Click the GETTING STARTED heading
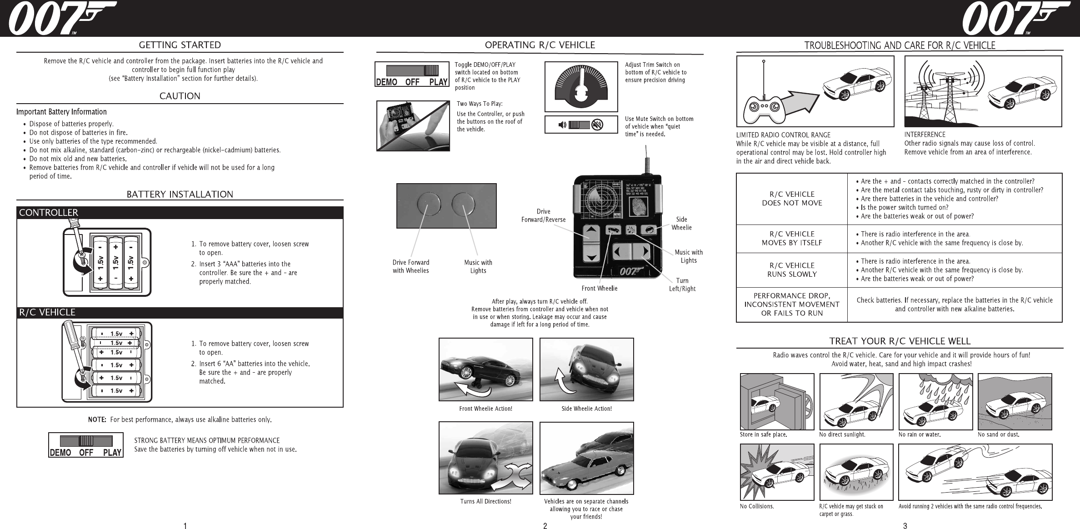click(180, 45)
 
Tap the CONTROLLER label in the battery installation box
click(49, 213)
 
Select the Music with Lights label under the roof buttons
click(478, 266)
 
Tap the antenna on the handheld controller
click(645, 159)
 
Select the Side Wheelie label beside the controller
click(681, 223)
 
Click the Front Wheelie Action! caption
click(485, 409)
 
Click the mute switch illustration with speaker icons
click(581, 125)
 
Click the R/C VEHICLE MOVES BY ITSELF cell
click(792, 239)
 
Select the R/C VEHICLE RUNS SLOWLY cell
click(792, 270)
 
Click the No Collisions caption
click(757, 506)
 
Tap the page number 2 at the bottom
click(545, 526)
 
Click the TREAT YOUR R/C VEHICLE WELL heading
click(900, 341)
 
